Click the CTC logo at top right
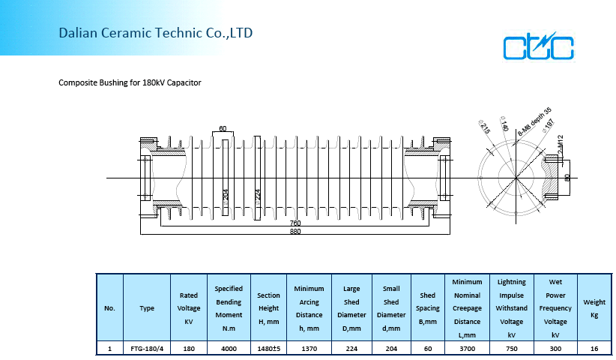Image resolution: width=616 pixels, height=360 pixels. [538, 46]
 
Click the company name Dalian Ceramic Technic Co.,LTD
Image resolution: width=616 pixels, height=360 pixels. [156, 33]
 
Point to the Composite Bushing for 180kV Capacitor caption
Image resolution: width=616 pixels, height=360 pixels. [130, 82]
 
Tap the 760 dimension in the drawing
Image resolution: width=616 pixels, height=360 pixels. [295, 223]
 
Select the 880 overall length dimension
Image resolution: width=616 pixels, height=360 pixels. [295, 232]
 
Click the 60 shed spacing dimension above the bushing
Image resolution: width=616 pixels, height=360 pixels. [223, 129]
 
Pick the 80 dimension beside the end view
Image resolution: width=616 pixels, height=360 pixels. [567, 178]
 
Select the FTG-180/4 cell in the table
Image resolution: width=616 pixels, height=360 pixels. [146, 349]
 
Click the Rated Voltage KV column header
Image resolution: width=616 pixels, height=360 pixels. [188, 308]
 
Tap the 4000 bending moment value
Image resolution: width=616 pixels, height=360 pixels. [229, 349]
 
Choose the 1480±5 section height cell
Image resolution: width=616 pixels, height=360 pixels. [268, 349]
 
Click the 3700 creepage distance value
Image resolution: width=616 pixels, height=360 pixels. [467, 349]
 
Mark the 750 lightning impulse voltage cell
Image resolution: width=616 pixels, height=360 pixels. [511, 349]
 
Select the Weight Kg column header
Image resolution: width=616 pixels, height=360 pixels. [594, 308]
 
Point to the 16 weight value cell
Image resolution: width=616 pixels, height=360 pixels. [594, 349]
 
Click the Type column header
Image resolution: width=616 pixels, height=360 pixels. [146, 308]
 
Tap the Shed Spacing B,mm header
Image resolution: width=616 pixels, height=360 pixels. [428, 308]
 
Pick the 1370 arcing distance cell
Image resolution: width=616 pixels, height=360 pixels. [309, 349]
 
